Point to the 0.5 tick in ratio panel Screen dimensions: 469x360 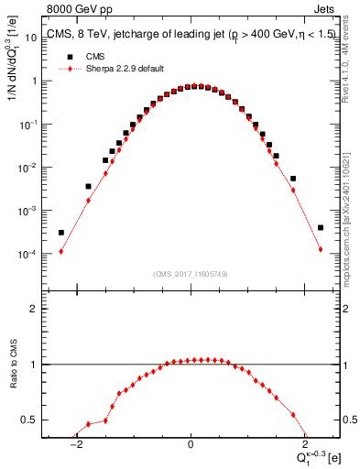29,420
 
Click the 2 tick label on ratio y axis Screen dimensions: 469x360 33,309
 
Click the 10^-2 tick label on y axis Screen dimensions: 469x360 27,167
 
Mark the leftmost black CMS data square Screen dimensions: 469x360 61,233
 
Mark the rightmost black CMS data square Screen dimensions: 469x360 321,228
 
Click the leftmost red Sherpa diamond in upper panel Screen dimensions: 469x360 61,251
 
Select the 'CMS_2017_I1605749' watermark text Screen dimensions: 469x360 191,274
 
